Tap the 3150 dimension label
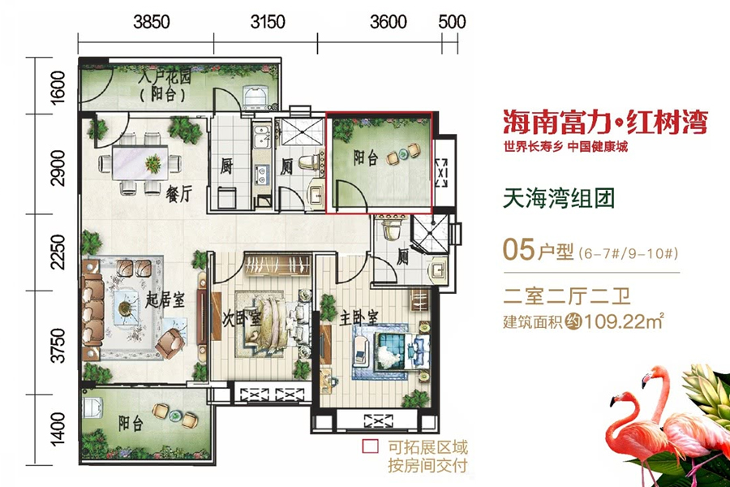[x=268, y=23]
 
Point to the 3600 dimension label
[x=388, y=23]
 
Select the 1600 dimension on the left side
[x=56, y=87]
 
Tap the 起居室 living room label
[x=165, y=300]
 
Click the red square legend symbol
[x=370, y=446]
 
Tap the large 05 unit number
[x=520, y=249]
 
